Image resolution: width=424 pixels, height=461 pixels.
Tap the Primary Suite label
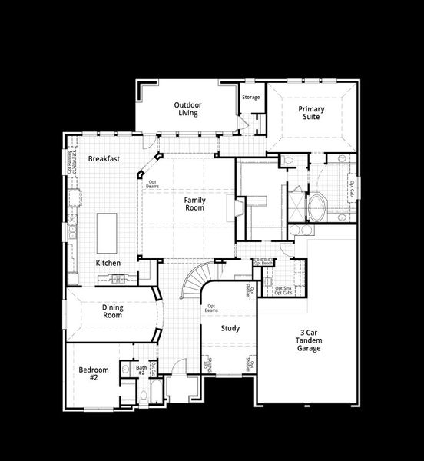311,114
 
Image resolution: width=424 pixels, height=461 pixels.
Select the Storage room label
251,98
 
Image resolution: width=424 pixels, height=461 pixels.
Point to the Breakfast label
103,158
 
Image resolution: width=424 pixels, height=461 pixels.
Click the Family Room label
194,204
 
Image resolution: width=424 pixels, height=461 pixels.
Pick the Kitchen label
108,263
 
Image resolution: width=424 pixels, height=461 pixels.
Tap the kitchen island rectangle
107,232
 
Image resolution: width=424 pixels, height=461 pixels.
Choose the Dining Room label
113,311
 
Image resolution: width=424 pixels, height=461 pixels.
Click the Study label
230,328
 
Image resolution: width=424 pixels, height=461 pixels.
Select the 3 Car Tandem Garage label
310,341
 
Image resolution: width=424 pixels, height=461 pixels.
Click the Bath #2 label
141,370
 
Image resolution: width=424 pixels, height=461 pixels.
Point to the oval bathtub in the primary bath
316,206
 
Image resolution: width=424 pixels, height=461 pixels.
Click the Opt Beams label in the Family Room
153,184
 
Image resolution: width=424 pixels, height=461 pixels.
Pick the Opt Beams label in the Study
210,309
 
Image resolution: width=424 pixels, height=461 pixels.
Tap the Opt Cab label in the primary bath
351,187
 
